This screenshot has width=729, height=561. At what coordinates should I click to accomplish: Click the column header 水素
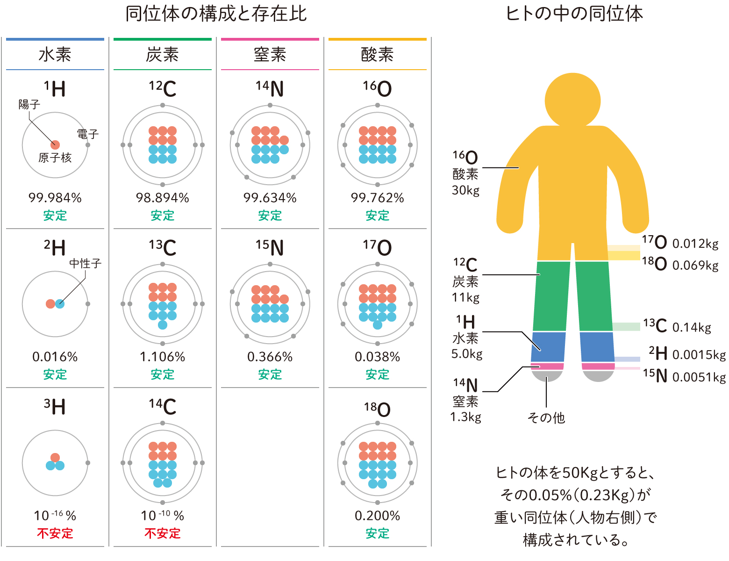tap(55, 55)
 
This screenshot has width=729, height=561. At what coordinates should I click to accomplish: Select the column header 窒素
tap(270, 55)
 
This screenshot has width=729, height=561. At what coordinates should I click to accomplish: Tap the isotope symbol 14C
tap(163, 406)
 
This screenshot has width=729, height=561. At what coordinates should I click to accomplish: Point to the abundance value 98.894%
tap(163, 198)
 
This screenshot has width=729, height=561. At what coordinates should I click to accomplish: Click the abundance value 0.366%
tap(270, 357)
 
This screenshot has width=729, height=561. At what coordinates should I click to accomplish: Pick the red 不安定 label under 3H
tap(55, 533)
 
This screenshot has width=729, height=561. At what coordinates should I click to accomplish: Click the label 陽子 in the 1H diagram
tap(29, 104)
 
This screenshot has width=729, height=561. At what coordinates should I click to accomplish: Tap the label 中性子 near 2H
tap(85, 263)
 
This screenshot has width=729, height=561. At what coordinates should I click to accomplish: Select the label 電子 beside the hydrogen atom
tap(88, 134)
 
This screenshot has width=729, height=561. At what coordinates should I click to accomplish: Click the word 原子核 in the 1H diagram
tap(55, 158)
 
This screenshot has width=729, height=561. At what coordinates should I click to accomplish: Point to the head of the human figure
tap(572, 99)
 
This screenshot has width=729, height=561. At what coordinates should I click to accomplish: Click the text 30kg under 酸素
tap(465, 190)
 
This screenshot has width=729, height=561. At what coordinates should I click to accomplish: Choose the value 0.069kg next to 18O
tap(695, 265)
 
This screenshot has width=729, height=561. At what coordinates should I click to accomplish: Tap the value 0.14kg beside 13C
tap(692, 327)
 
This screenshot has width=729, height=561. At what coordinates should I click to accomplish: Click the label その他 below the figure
tap(546, 417)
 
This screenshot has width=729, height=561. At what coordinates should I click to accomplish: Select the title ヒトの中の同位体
tap(574, 14)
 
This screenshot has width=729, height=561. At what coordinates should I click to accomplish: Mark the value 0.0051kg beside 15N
tap(699, 377)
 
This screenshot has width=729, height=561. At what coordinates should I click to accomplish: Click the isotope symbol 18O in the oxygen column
tap(378, 410)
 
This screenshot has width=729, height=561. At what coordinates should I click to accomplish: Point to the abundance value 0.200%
tap(378, 516)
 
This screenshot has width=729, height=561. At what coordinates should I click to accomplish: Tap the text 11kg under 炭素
tap(465, 297)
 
